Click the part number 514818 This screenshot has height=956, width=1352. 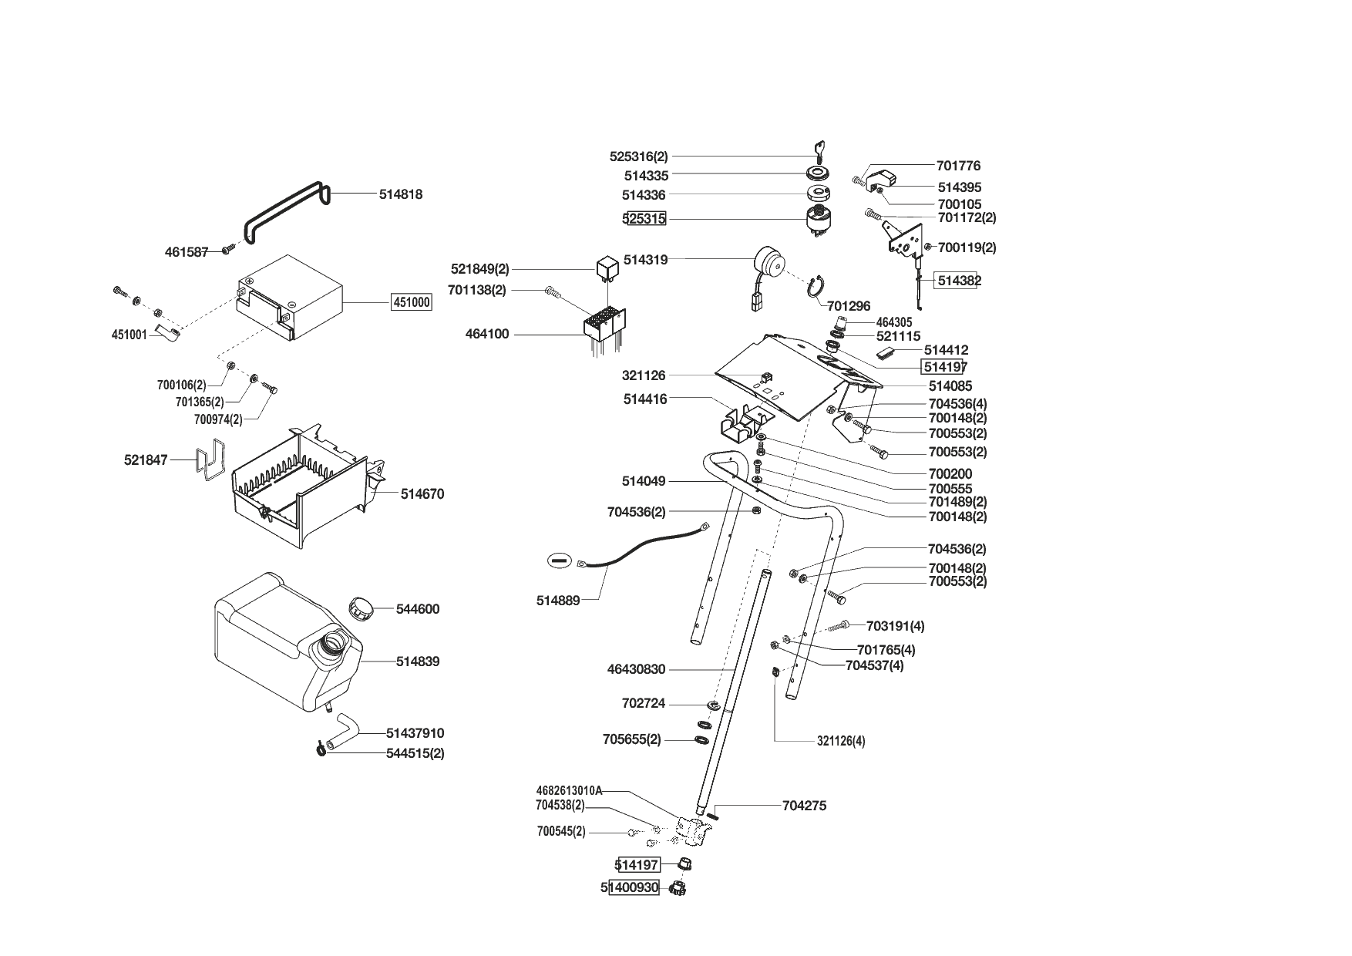click(x=401, y=195)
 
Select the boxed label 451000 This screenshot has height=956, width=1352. click(x=412, y=303)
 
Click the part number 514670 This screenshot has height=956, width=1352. click(x=422, y=494)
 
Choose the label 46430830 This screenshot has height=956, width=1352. click(x=636, y=670)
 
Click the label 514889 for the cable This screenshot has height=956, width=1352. click(x=558, y=601)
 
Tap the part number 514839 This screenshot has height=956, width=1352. click(x=418, y=661)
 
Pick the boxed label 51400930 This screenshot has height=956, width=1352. click(x=634, y=888)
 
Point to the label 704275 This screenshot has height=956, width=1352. click(x=804, y=806)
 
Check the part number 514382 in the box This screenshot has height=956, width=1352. click(x=959, y=281)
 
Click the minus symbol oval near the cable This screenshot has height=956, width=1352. click(x=560, y=560)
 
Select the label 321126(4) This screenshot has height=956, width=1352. click(x=841, y=742)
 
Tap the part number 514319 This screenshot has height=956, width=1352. click(x=645, y=261)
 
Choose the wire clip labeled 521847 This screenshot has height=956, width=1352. click(x=210, y=459)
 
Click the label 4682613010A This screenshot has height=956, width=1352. click(x=569, y=791)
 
